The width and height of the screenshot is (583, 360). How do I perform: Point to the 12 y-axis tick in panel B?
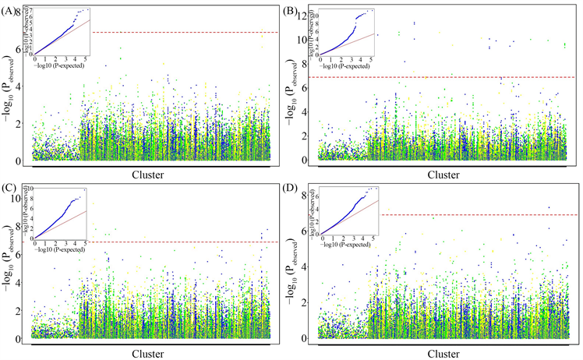pyautogui.click(x=310, y=14)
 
